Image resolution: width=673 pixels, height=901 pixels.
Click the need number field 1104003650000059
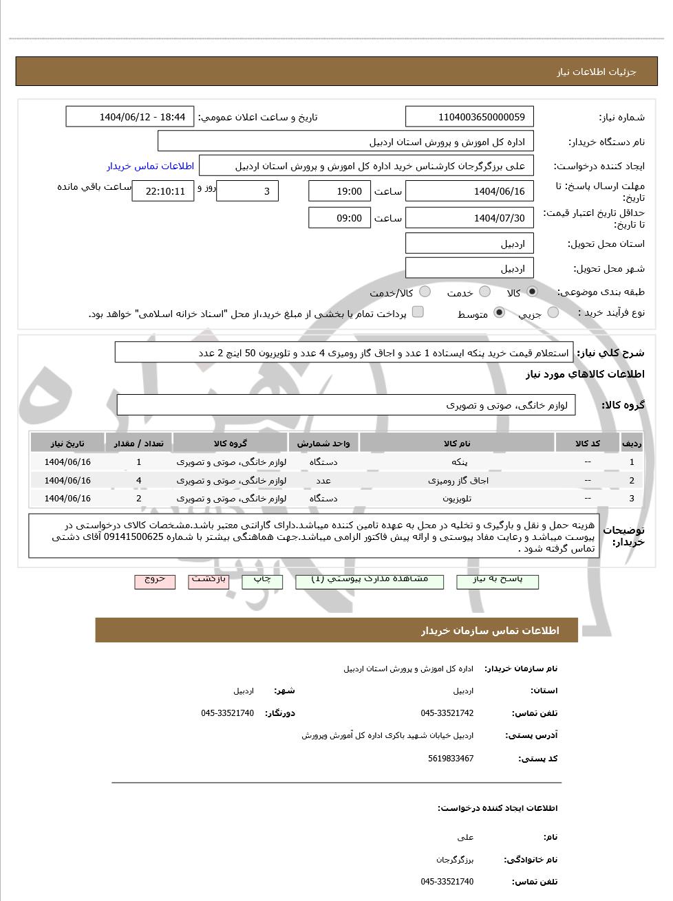pyautogui.click(x=469, y=117)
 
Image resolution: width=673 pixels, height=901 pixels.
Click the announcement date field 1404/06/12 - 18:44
pyautogui.click(x=130, y=117)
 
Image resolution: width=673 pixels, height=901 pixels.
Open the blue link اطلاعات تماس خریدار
pyautogui.click(x=150, y=166)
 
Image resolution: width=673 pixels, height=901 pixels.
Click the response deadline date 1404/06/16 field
pyautogui.click(x=469, y=191)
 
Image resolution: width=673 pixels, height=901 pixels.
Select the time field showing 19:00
pyautogui.click(x=339, y=191)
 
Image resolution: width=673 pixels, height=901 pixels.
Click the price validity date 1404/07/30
pyautogui.click(x=469, y=218)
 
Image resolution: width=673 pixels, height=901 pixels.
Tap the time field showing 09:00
pyautogui.click(x=339, y=218)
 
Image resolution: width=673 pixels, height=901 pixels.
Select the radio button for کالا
pyautogui.click(x=532, y=292)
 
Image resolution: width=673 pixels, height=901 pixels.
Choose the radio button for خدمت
pyautogui.click(x=484, y=292)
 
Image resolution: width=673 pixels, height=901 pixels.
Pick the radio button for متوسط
pyautogui.click(x=500, y=313)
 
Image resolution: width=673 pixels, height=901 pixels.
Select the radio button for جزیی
pyautogui.click(x=553, y=313)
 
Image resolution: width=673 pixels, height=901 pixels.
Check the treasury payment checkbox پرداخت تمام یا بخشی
pyautogui.click(x=418, y=312)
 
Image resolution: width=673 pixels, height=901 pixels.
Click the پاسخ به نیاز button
pyautogui.click(x=498, y=581)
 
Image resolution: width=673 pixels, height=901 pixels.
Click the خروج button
pyautogui.click(x=155, y=581)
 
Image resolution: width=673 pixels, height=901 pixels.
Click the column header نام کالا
pyautogui.click(x=457, y=444)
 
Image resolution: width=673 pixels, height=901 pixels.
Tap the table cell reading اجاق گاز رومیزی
pyautogui.click(x=457, y=481)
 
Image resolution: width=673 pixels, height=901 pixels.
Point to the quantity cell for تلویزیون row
pyautogui.click(x=138, y=499)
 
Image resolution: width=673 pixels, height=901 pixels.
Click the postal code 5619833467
pyautogui.click(x=450, y=759)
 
